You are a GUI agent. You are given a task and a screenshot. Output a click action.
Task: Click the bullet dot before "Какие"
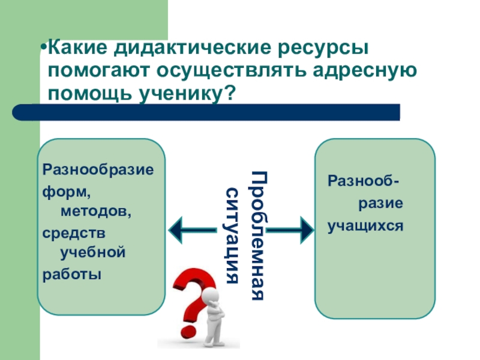click(x=44, y=47)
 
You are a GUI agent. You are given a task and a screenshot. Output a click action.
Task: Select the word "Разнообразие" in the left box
click(x=98, y=170)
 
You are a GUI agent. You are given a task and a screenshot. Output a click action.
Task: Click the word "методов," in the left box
click(x=92, y=211)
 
